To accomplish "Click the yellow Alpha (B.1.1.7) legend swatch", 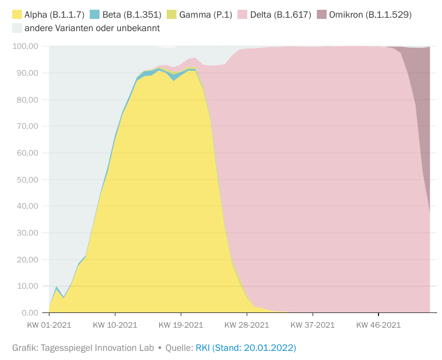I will coord(17,14).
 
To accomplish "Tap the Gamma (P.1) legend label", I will coord(203,14).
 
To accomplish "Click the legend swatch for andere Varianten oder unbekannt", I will coord(17,28).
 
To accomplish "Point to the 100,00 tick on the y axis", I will coord(26,46).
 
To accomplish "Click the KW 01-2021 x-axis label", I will coord(49,325).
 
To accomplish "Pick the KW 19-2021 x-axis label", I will coord(181,325).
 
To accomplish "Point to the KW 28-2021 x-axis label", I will coord(247,325).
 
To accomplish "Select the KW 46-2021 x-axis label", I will coord(379,325).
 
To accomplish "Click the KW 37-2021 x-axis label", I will coord(313,325).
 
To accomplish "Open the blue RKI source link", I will coord(245,348).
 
